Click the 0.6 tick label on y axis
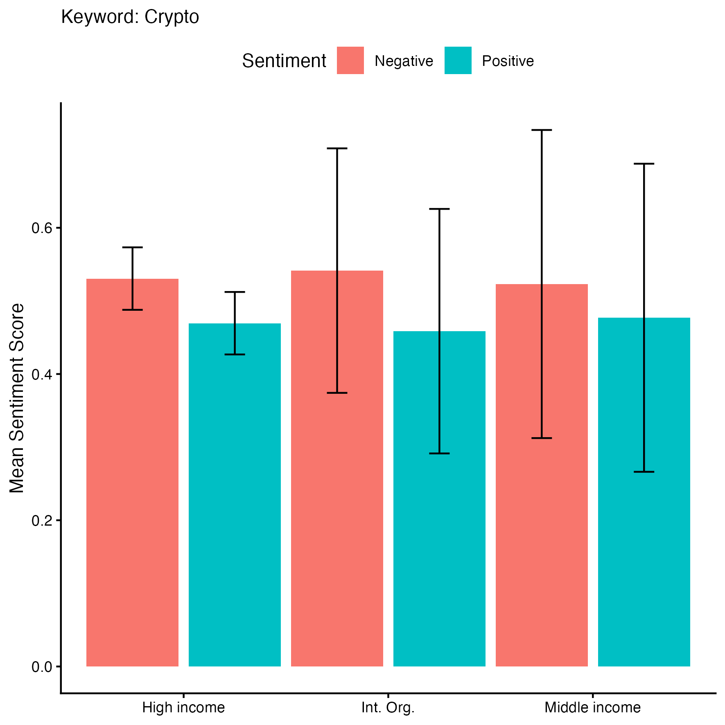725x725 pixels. click(x=42, y=228)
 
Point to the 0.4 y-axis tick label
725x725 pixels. click(x=42, y=374)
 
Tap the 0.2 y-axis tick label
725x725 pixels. click(x=42, y=520)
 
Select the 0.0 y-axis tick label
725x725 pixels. click(x=42, y=667)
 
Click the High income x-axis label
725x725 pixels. click(x=183, y=707)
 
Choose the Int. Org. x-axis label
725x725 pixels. click(x=388, y=707)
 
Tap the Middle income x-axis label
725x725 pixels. click(x=592, y=707)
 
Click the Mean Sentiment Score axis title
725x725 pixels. click(x=17, y=398)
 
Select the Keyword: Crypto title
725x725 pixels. click(x=130, y=17)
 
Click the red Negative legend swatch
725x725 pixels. click(x=350, y=61)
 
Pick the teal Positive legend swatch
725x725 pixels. click(x=458, y=61)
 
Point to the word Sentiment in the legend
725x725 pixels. click(x=284, y=61)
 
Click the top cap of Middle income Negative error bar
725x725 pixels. click(x=542, y=130)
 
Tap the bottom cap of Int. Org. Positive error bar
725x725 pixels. click(x=439, y=454)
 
